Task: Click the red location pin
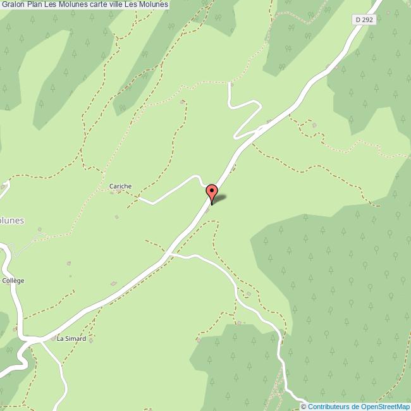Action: (x=212, y=192)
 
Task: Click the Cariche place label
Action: (x=120, y=186)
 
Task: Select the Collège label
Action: (x=13, y=280)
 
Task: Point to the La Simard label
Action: (x=71, y=338)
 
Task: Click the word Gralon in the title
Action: (x=13, y=5)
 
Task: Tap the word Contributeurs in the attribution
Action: (x=328, y=406)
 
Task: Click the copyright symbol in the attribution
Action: (x=303, y=406)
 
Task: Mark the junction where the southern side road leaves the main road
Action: (x=169, y=254)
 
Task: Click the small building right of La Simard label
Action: (x=91, y=340)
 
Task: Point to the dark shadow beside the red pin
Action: (x=219, y=200)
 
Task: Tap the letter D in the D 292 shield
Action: (x=358, y=20)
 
